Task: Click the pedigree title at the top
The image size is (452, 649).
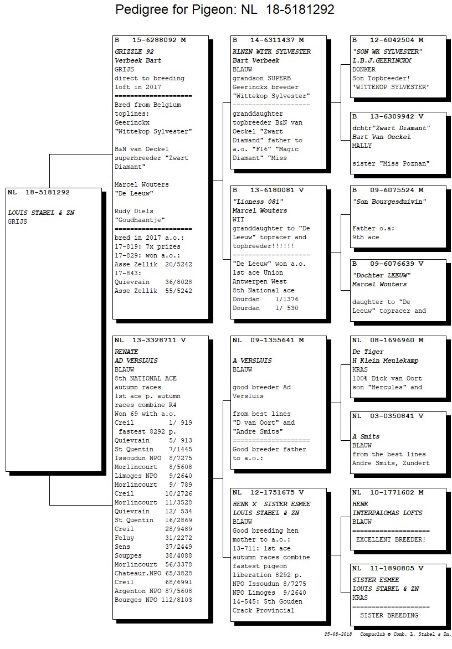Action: pyautogui.click(x=225, y=10)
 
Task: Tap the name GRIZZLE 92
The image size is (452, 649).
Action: pyautogui.click(x=134, y=51)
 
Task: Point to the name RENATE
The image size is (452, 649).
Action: pyautogui.click(x=126, y=352)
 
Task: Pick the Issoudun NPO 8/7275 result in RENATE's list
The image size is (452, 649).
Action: pyautogui.click(x=153, y=458)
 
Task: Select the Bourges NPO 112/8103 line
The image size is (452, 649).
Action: pyautogui.click(x=153, y=600)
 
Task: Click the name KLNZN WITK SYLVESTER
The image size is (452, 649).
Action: pyautogui.click(x=271, y=51)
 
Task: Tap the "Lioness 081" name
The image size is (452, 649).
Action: pyautogui.click(x=258, y=202)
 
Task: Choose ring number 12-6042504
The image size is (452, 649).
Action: pyautogui.click(x=392, y=40)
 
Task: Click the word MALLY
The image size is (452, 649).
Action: pyautogui.click(x=362, y=146)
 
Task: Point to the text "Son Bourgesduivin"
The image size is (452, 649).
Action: pyautogui.click(x=389, y=202)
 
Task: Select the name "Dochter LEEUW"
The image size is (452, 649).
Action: pyautogui.click(x=381, y=275)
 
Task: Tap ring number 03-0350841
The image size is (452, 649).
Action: pyautogui.click(x=392, y=416)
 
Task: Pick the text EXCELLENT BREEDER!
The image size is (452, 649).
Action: pyautogui.click(x=391, y=539)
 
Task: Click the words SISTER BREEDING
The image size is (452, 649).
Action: pyautogui.click(x=389, y=615)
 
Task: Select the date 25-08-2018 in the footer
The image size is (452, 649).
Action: pyautogui.click(x=338, y=634)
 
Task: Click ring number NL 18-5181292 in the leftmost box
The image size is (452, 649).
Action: pyautogui.click(x=39, y=193)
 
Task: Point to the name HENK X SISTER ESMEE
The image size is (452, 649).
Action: pyautogui.click(x=271, y=504)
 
